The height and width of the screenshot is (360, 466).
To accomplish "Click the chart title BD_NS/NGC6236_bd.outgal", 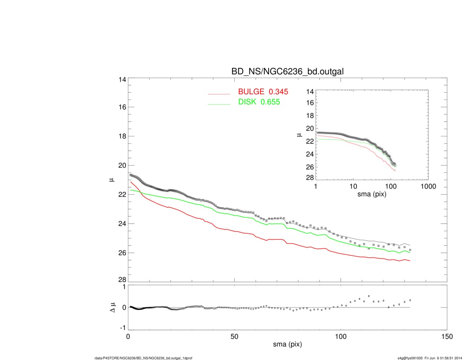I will [287, 72].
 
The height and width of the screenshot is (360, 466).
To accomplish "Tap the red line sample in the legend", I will [219, 94].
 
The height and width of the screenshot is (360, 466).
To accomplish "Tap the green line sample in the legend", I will [219, 104].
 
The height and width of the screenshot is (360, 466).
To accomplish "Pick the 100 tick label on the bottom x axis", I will [341, 337].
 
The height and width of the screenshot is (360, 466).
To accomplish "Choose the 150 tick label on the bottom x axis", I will [447, 337].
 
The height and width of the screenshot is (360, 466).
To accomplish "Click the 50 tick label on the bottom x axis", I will [234, 337].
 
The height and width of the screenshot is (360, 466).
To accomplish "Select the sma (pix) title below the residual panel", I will [287, 345].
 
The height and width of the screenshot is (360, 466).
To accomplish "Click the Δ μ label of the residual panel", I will [113, 307].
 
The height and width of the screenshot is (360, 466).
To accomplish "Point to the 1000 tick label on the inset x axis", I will [428, 186].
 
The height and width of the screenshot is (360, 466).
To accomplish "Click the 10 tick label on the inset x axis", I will [353, 186].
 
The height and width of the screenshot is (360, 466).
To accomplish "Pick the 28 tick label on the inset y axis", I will [309, 177].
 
